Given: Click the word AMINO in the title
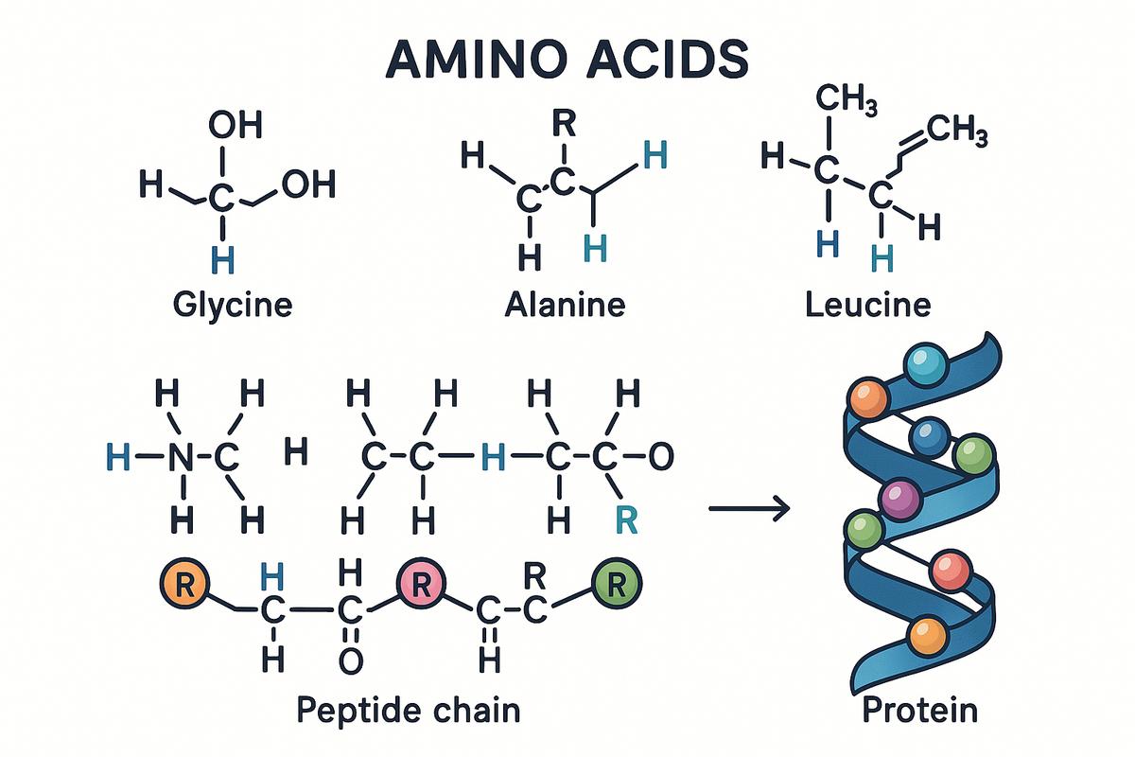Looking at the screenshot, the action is pos(476,59).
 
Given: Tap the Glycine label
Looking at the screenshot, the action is pos(233,305).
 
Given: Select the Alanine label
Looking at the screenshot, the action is pos(565,305).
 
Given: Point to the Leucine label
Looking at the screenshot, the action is pos(868,305).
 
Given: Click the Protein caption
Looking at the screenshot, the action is pos(919,709).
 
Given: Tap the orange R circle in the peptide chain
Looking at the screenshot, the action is pos(184,584).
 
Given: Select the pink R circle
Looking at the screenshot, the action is pos(421,584).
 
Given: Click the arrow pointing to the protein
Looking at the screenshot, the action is pos(749,508).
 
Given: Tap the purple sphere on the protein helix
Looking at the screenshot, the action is pos(899,500).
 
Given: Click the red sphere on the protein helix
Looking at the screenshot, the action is pos(952,571).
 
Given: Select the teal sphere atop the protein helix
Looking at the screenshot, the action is pos(926,365).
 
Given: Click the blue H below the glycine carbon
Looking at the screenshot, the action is pos(223,260).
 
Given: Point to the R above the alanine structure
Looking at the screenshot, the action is pos(564,123).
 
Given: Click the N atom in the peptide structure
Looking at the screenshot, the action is pos(181,457).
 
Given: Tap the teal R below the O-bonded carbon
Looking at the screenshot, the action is pos(626,520).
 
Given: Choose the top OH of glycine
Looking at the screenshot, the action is pos(236,125).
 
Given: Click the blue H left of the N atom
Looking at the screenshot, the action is pos(118,456).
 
